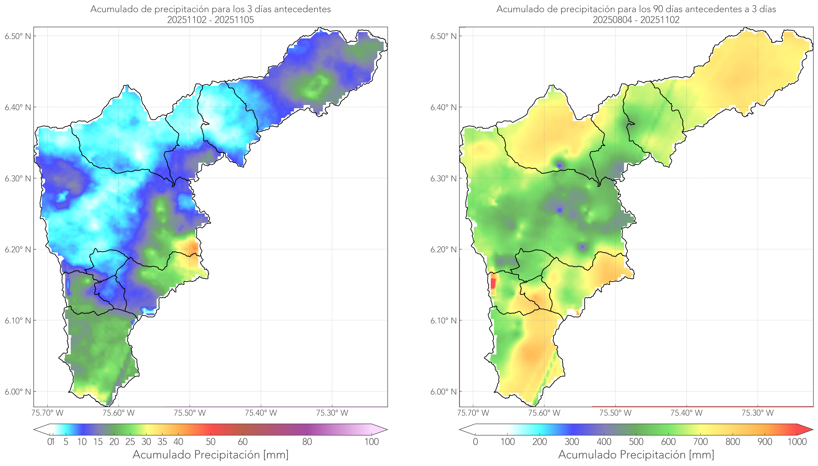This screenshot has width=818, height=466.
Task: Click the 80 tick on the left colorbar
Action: pyautogui.click(x=307, y=442)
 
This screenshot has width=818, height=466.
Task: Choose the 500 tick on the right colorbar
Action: pyautogui.click(x=636, y=442)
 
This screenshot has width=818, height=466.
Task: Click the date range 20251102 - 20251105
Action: pyautogui.click(x=211, y=20)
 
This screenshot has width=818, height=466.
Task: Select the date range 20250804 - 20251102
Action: pyautogui.click(x=636, y=20)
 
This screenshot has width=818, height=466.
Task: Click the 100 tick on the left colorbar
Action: pyautogui.click(x=372, y=442)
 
